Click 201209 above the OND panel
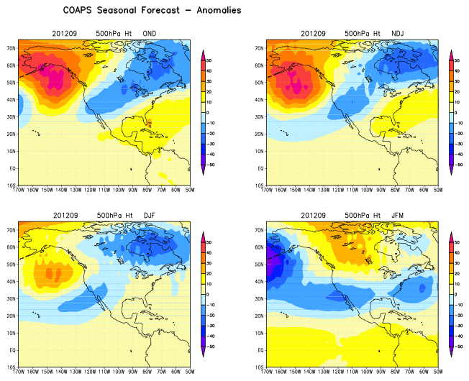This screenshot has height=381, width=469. (x=65, y=34)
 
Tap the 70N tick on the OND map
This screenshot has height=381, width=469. (x=12, y=48)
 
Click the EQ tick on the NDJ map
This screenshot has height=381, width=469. (x=261, y=168)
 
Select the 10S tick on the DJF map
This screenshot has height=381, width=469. (x=12, y=367)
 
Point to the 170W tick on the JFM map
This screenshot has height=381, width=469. (x=268, y=373)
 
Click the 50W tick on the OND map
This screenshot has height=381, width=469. (x=189, y=192)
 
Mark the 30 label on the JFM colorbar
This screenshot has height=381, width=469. (x=463, y=265)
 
